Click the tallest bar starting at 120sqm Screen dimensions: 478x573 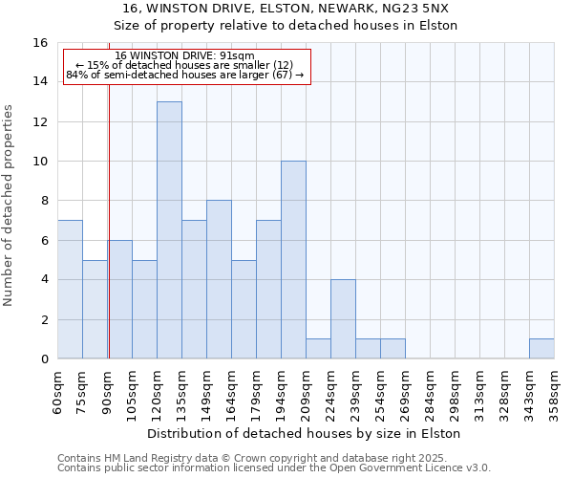click(169, 230)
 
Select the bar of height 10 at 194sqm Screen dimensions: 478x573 click(293, 260)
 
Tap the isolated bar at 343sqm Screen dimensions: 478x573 click(541, 349)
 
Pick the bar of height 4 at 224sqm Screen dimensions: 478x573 click(343, 319)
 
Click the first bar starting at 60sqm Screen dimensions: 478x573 click(70, 290)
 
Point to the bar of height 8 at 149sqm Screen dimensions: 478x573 click(219, 279)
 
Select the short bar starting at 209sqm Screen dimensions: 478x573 click(318, 349)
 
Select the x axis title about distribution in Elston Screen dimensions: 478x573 click(306, 433)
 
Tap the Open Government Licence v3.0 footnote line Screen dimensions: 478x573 click(274, 468)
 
